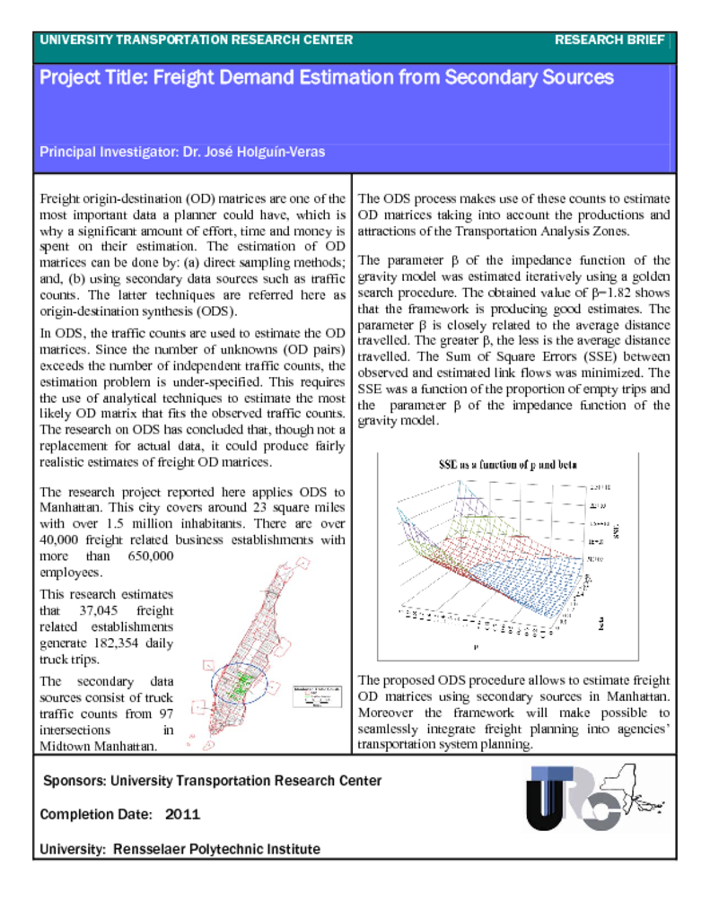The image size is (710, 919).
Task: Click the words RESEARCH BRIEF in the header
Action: click(x=609, y=40)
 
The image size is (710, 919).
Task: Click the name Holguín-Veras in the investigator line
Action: click(x=281, y=153)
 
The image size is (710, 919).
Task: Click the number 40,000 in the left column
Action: click(x=65, y=539)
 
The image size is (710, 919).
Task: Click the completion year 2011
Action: click(x=182, y=815)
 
